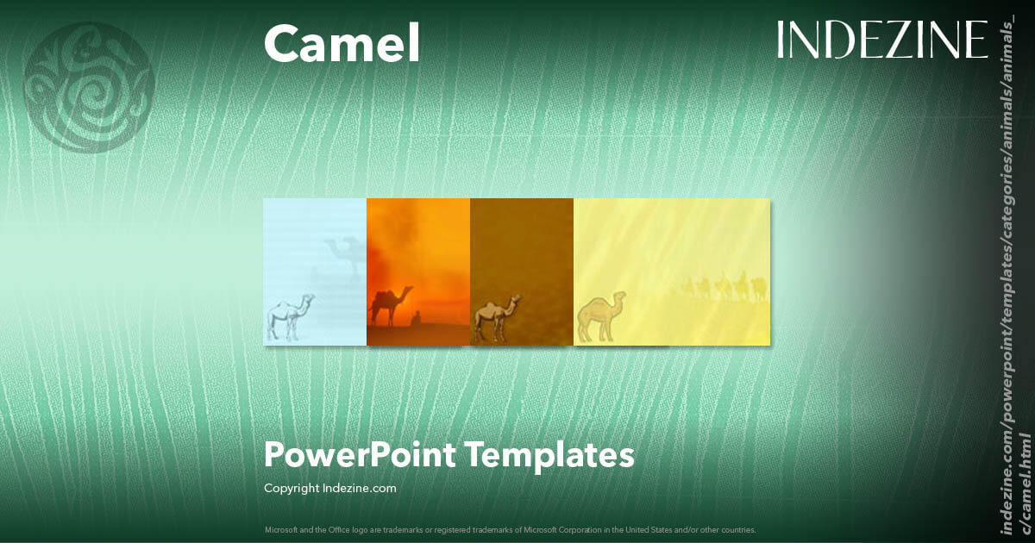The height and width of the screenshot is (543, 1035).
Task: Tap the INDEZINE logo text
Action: click(x=881, y=40)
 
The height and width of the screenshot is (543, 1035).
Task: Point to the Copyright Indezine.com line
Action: click(x=329, y=488)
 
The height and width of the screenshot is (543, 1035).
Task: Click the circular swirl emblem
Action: click(x=89, y=87)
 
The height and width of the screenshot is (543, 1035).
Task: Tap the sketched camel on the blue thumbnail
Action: click(x=289, y=316)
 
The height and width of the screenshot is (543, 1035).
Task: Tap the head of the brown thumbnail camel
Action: click(x=515, y=301)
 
